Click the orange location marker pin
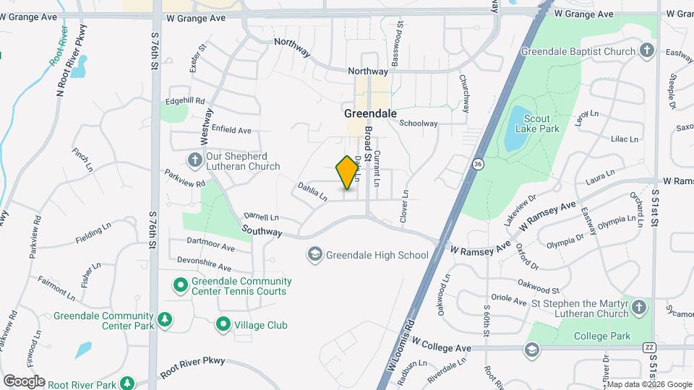348,172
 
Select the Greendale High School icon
314,254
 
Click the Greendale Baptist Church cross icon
647,51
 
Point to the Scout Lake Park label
537,123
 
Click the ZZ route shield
648,347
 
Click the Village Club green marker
223,325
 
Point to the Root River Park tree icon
127,383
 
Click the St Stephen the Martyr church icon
638,308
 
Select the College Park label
602,336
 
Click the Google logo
24,381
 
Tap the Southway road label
262,231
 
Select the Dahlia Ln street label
313,191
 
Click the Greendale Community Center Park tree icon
166,320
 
